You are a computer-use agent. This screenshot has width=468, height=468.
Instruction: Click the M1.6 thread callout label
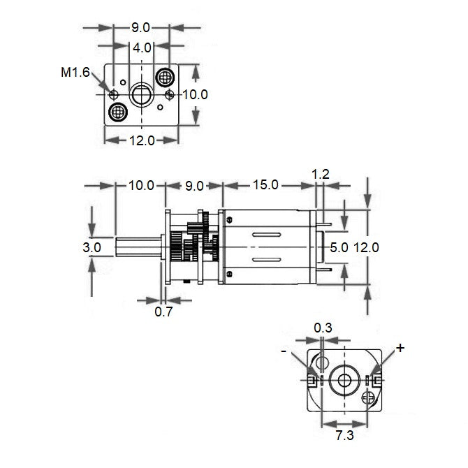click(75, 73)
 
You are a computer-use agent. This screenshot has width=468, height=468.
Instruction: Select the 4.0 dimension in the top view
click(142, 47)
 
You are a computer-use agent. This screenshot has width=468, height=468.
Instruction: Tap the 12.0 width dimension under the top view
click(142, 140)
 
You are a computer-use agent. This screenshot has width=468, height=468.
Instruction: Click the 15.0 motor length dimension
click(265, 185)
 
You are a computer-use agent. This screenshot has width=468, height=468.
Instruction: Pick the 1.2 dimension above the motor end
click(321, 174)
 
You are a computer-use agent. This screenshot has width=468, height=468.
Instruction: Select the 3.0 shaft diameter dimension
click(92, 247)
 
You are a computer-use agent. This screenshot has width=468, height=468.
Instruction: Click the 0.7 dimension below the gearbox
click(163, 312)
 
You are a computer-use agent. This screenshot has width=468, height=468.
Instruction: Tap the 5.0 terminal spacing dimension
click(339, 247)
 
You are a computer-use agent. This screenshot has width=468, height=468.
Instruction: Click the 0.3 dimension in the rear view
click(323, 327)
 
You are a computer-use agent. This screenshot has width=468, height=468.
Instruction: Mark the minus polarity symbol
click(284, 351)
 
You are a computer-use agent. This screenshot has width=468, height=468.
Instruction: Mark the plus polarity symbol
click(400, 348)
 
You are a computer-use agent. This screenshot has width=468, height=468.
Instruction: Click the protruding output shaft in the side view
click(140, 247)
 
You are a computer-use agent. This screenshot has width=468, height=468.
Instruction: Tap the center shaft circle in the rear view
click(344, 379)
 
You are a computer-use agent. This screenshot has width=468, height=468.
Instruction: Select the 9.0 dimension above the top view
click(141, 28)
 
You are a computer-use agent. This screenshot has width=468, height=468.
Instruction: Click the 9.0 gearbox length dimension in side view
click(194, 185)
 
